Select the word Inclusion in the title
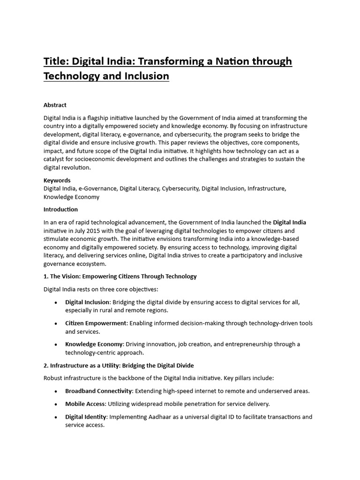point(146,76)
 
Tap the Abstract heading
point(55,105)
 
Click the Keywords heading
point(57,180)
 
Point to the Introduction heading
point(61,210)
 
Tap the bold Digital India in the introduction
point(289,222)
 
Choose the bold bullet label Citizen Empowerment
point(96,323)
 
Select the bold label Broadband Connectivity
point(99,391)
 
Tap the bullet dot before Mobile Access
point(56,404)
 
